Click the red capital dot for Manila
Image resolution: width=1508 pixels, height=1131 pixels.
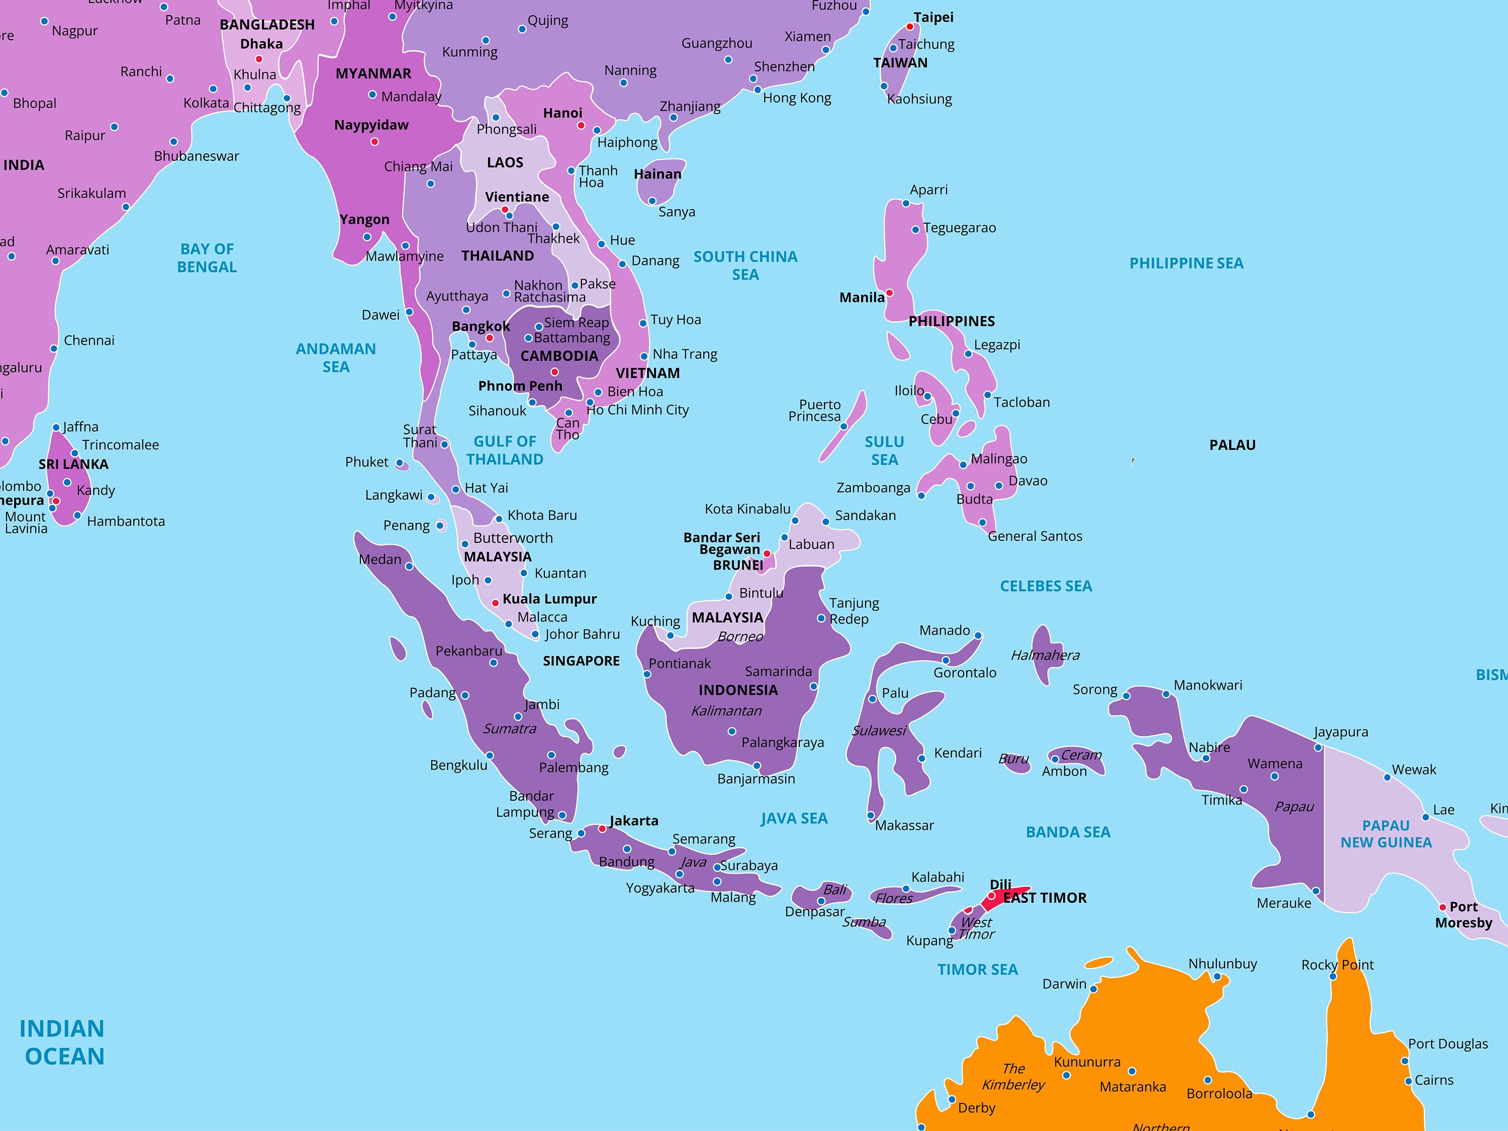tap(889, 293)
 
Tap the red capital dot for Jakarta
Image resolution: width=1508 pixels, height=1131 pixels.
tap(602, 829)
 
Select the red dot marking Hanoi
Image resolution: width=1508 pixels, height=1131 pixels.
tap(581, 126)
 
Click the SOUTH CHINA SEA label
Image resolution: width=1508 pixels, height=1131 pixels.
tap(745, 265)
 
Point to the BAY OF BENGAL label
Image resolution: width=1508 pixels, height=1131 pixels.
tap(207, 258)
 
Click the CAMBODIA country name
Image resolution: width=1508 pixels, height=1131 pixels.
tap(559, 356)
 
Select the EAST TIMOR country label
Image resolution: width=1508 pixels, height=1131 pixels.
tap(1045, 898)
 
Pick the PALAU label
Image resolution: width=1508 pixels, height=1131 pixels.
tap(1232, 445)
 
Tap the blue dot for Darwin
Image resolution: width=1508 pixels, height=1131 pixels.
tap(1093, 989)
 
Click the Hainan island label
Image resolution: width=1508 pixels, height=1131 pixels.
tap(657, 174)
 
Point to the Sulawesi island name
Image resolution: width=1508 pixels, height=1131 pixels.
tap(879, 731)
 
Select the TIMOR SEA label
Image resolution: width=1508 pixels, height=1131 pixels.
tap(977, 970)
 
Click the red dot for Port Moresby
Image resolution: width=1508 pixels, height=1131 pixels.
tap(1443, 907)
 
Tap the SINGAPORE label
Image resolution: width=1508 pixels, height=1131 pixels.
tap(581, 661)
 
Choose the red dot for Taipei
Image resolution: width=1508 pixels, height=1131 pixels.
tap(909, 27)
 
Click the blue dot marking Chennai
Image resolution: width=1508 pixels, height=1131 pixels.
tap(54, 348)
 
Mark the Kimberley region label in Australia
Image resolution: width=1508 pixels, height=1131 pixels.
tap(1013, 1077)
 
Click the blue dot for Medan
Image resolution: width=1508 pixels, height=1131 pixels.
tap(409, 567)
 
